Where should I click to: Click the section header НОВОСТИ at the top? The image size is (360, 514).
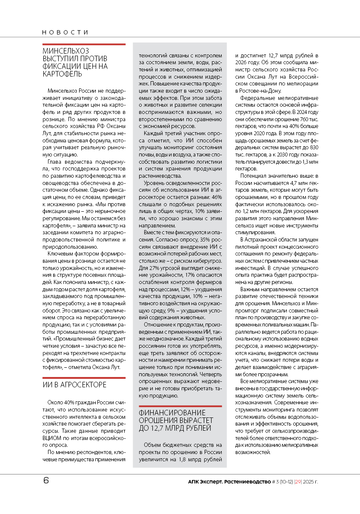tap(65, 32)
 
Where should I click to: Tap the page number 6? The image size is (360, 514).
tap(46, 481)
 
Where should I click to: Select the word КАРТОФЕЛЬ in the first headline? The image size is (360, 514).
tap(62, 74)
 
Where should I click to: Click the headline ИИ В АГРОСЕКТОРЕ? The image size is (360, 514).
tap(74, 385)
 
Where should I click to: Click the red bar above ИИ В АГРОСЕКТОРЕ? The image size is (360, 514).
tap(84, 377)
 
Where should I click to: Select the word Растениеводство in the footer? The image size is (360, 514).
tap(247, 482)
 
